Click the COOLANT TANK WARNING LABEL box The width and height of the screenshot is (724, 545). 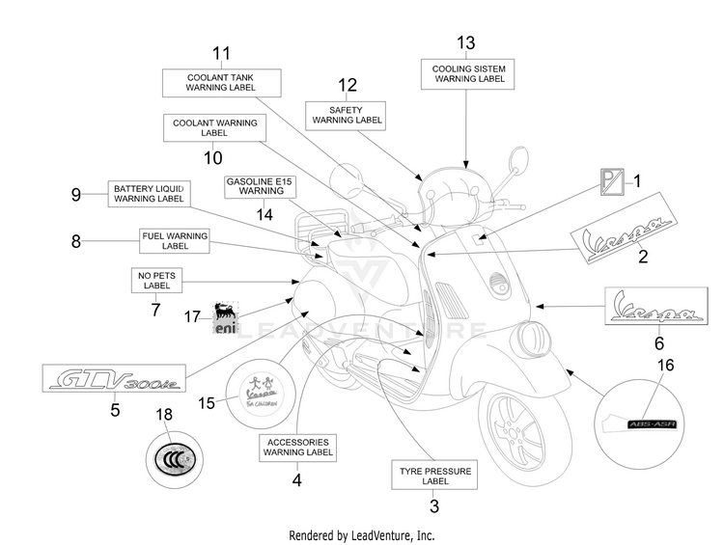tap(221, 82)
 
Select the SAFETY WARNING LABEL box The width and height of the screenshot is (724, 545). tap(346, 114)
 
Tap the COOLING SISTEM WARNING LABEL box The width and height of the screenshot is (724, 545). tap(466, 72)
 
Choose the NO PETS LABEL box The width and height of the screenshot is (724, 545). tap(151, 281)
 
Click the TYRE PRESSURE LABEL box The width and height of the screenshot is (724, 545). tap(435, 476)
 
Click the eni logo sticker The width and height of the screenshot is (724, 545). tap(224, 315)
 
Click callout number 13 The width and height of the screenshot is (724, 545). tap(466, 41)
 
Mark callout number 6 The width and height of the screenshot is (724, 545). tap(660, 342)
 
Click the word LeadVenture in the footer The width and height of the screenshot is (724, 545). tap(388, 535)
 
